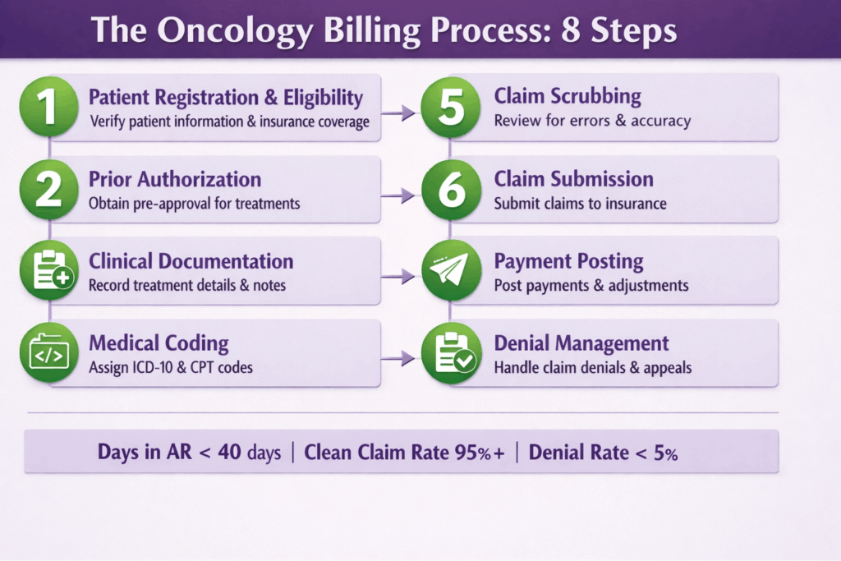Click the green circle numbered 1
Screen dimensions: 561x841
click(x=48, y=107)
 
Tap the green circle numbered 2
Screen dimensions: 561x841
click(x=48, y=190)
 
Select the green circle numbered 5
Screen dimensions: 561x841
click(x=450, y=107)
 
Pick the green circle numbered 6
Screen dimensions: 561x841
click(x=450, y=190)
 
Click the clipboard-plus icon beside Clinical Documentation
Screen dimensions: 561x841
click(x=48, y=272)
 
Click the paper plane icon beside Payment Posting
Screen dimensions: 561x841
click(x=450, y=272)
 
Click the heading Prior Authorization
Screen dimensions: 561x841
click(x=174, y=179)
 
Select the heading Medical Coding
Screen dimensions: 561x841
click(x=159, y=343)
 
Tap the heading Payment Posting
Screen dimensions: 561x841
click(x=568, y=261)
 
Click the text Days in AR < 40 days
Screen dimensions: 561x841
click(x=189, y=453)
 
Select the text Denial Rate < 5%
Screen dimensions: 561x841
click(x=603, y=453)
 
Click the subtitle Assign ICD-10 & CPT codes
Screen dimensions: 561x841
click(x=170, y=367)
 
